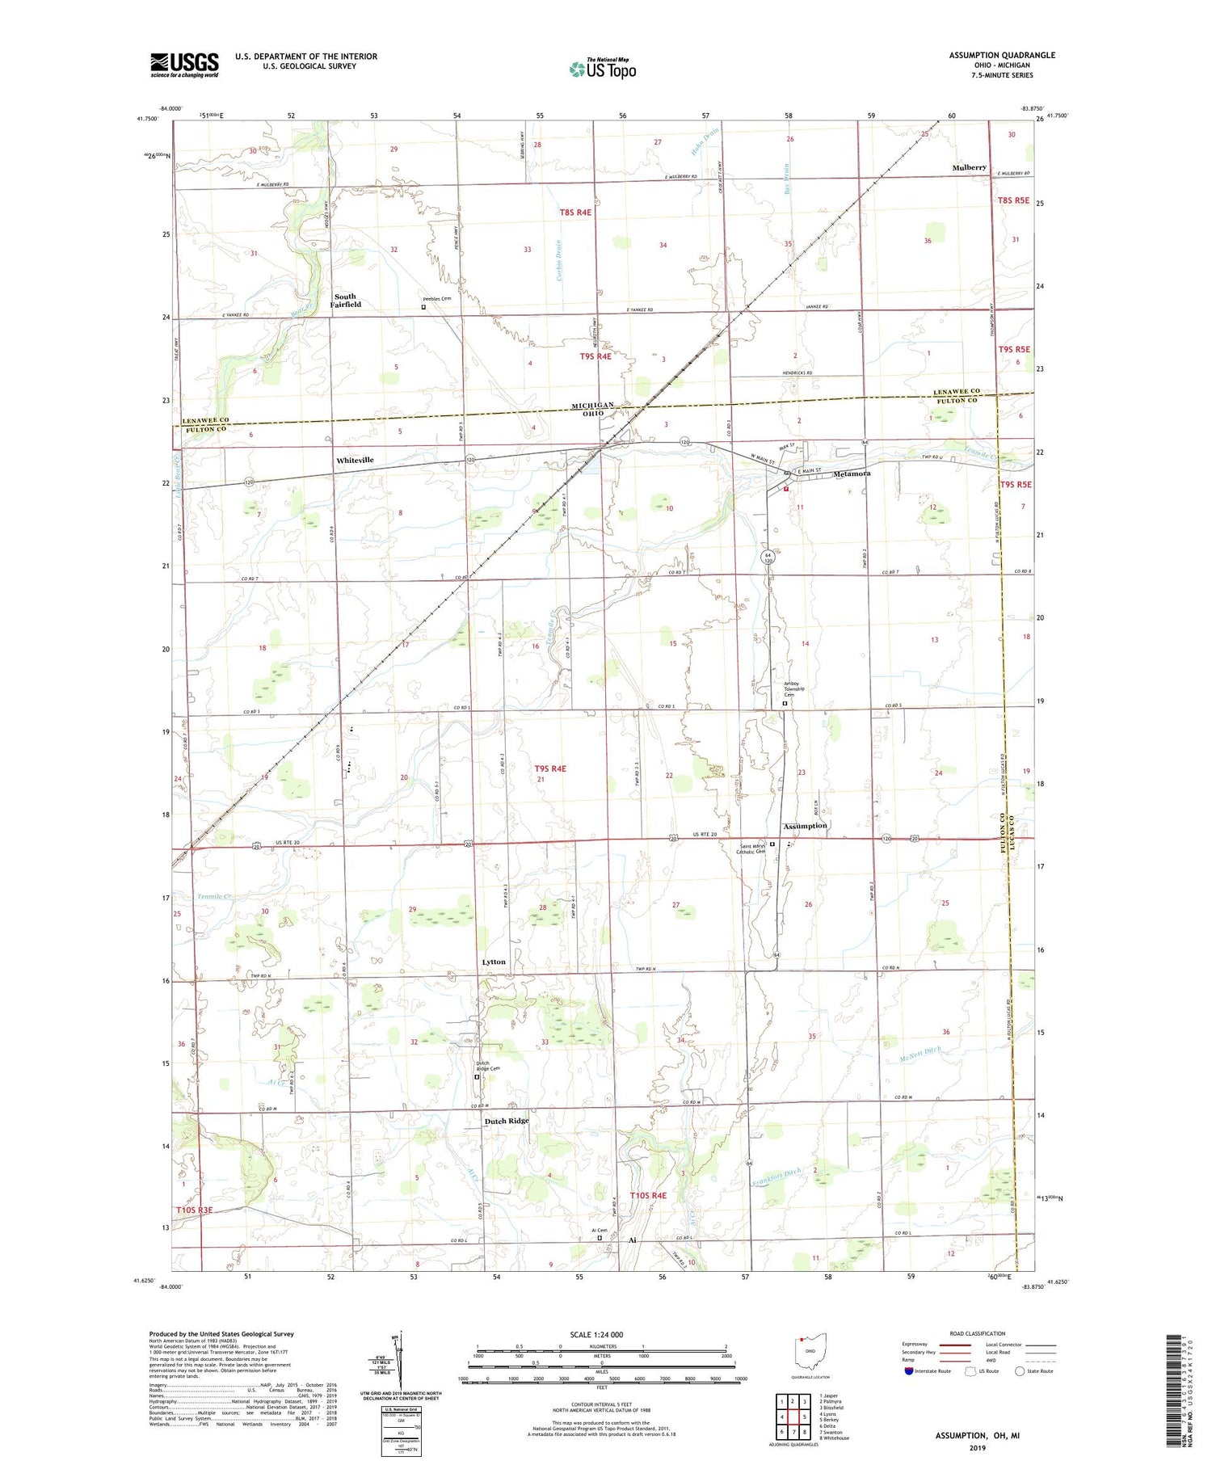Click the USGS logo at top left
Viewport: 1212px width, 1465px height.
pyautogui.click(x=184, y=65)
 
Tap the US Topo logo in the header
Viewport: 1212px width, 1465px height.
pyautogui.click(x=603, y=69)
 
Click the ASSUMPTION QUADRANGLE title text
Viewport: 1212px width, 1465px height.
pyautogui.click(x=1002, y=55)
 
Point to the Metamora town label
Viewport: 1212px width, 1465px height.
pyautogui.click(x=852, y=474)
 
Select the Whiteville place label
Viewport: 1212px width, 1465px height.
pyautogui.click(x=355, y=460)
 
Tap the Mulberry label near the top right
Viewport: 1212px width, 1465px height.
pyautogui.click(x=969, y=167)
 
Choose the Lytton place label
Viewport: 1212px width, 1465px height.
pyautogui.click(x=494, y=962)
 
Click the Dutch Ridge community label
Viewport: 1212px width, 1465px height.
pyautogui.click(x=507, y=1121)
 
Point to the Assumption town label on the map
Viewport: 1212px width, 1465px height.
pyautogui.click(x=805, y=826)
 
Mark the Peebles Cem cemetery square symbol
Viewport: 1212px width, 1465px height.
pyautogui.click(x=423, y=307)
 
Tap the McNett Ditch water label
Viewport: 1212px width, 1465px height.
pyautogui.click(x=920, y=1054)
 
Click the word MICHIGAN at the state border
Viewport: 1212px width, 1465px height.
pyautogui.click(x=592, y=405)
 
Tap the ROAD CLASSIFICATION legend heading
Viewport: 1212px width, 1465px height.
pyautogui.click(x=978, y=1333)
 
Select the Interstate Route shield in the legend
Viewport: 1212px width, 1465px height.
pyautogui.click(x=909, y=1371)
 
